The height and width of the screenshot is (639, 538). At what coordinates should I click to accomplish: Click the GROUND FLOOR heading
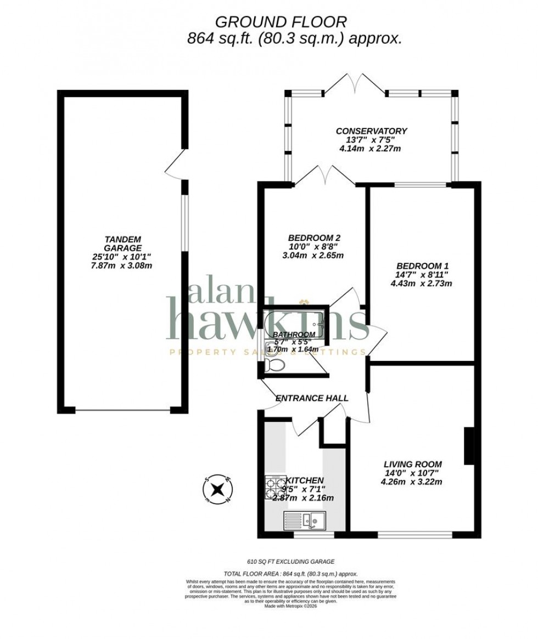click(x=281, y=22)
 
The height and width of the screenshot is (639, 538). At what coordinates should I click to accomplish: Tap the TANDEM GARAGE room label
click(x=123, y=243)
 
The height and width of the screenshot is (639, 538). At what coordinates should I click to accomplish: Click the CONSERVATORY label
click(x=371, y=131)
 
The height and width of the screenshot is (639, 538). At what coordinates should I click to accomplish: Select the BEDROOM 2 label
click(x=314, y=238)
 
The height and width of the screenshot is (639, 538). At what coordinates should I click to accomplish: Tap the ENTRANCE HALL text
click(x=312, y=398)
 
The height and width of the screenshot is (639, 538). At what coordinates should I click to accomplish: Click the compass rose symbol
click(x=218, y=488)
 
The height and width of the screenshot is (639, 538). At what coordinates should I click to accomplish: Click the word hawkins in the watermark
click(x=267, y=321)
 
